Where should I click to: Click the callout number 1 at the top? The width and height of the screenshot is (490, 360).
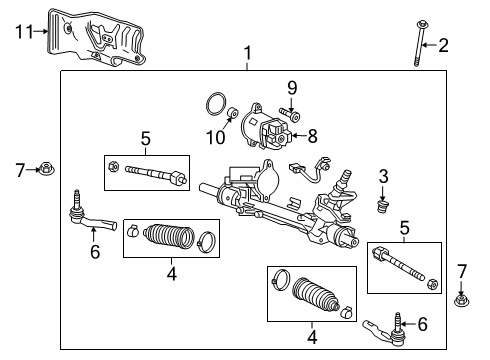click(245, 52)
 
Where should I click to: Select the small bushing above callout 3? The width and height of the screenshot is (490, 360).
click(380, 207)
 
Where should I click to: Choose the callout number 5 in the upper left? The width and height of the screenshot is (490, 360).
click(145, 139)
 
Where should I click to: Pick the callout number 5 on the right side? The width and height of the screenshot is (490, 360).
click(405, 229)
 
